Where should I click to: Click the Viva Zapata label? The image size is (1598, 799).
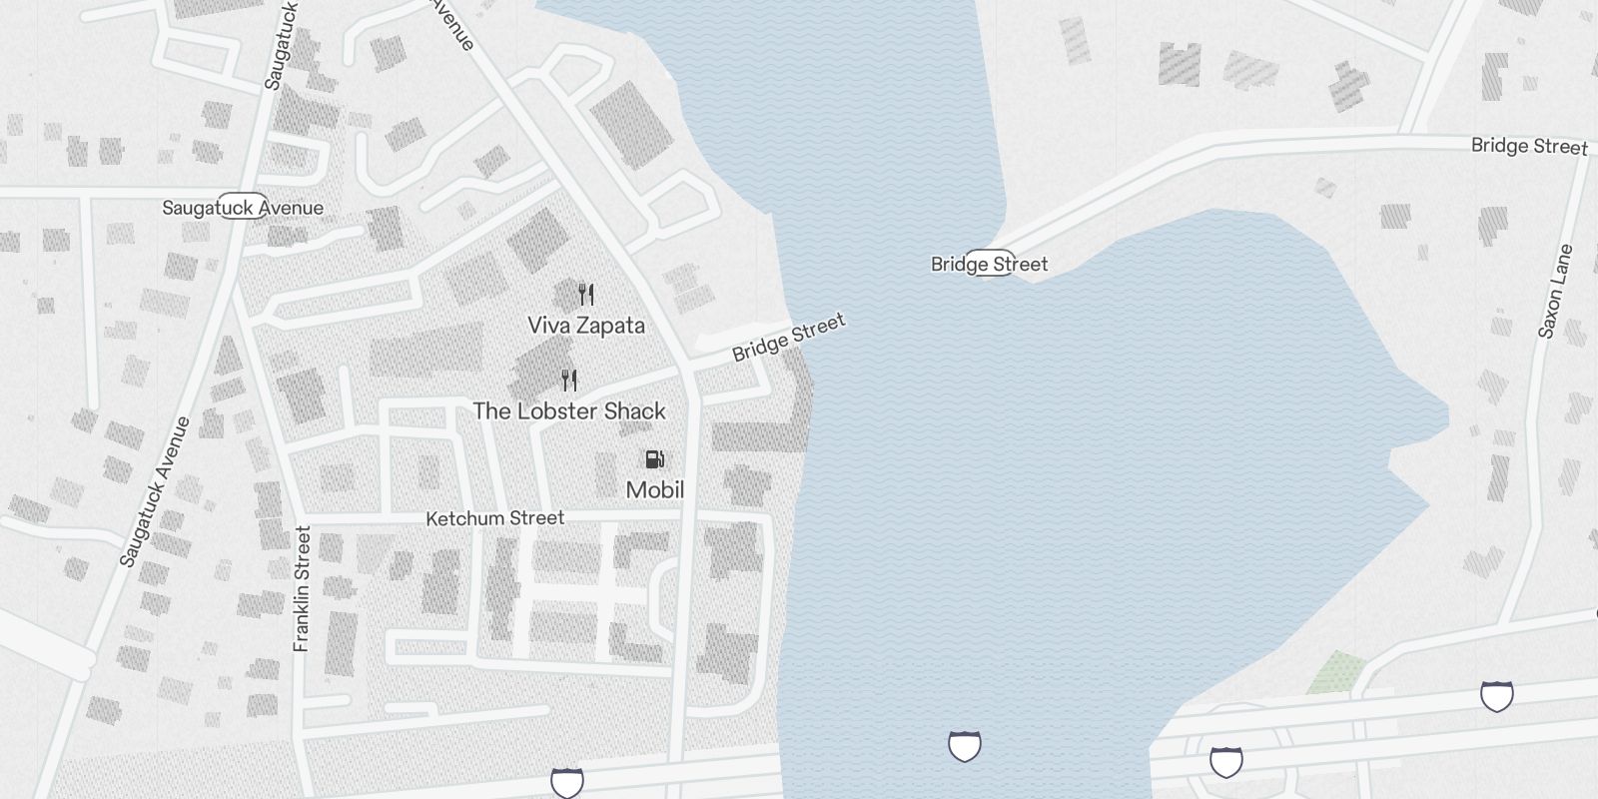pyautogui.click(x=586, y=326)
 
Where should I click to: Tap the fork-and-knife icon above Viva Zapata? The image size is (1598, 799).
pyautogui.click(x=586, y=295)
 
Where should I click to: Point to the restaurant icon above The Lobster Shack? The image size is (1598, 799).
pyautogui.click(x=569, y=381)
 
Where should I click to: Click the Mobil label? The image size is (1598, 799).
pyautogui.click(x=655, y=490)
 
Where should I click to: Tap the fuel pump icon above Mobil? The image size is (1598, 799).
pyautogui.click(x=655, y=459)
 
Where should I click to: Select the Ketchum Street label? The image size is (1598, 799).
pyautogui.click(x=495, y=518)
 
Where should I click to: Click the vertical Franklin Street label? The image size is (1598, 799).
pyautogui.click(x=303, y=589)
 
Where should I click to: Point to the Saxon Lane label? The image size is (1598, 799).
pyautogui.click(x=1555, y=292)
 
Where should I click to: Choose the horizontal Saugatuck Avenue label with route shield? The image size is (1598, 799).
pyautogui.click(x=243, y=208)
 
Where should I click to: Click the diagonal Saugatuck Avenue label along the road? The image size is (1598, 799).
pyautogui.click(x=155, y=491)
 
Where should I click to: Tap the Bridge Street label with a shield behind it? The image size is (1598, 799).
pyautogui.click(x=990, y=264)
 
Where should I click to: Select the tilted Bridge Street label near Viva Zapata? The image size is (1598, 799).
pyautogui.click(x=788, y=338)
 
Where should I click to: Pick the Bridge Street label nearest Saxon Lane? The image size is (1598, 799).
pyautogui.click(x=1529, y=146)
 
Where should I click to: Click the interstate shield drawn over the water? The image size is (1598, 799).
pyautogui.click(x=964, y=745)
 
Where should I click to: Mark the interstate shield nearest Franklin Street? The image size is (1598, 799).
pyautogui.click(x=567, y=782)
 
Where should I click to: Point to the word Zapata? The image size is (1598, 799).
pyautogui.click(x=613, y=326)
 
